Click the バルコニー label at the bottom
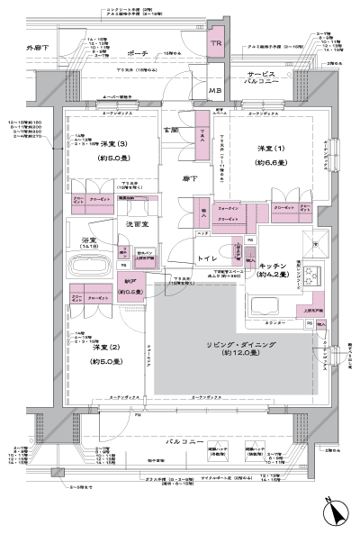tap(180, 444)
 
